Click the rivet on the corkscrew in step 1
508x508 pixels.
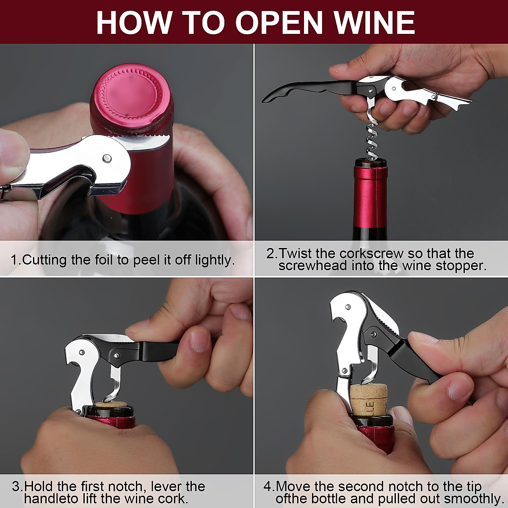[107, 158]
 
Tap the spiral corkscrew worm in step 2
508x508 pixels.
[372, 138]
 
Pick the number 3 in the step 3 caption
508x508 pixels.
[16, 486]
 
